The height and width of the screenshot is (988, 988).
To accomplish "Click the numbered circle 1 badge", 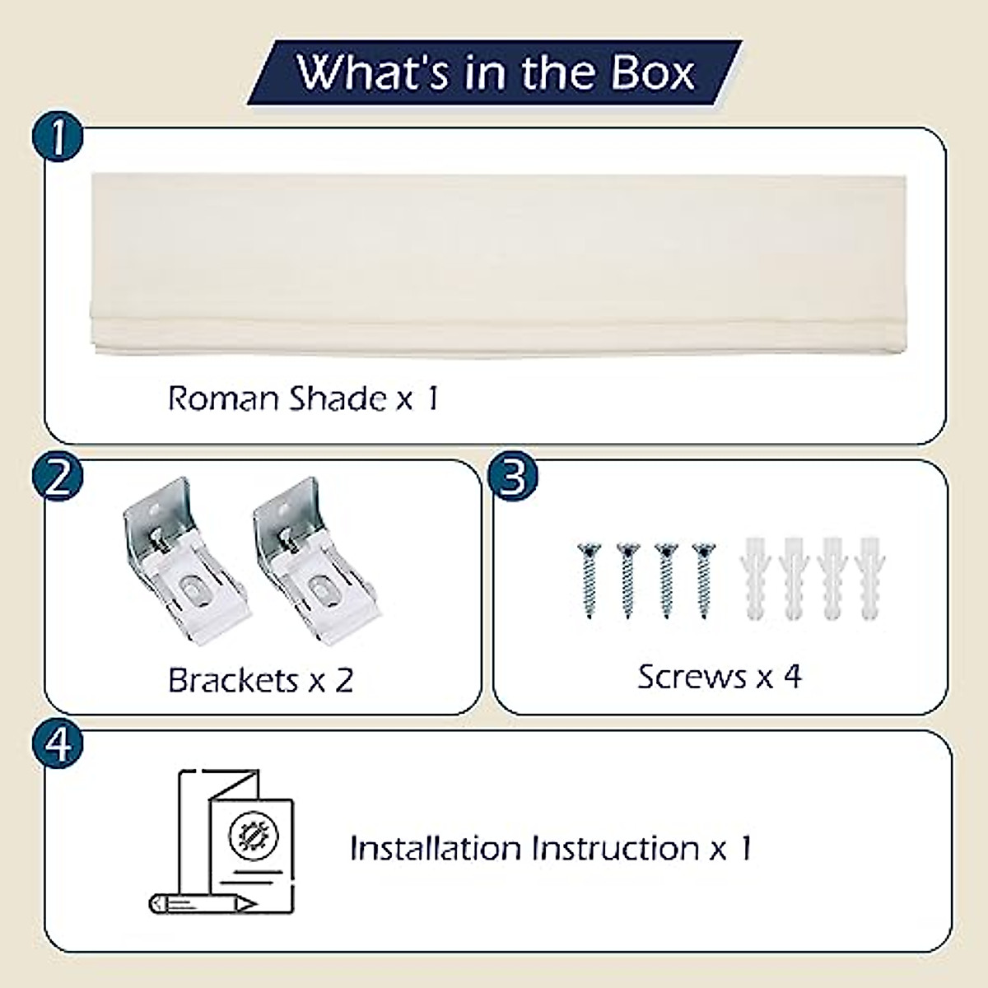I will tap(58, 137).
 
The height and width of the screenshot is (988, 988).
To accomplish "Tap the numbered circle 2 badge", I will tap(58, 477).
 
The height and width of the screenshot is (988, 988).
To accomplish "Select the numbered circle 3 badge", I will tap(513, 477).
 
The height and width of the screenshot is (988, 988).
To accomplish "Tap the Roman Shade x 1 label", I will tap(303, 398).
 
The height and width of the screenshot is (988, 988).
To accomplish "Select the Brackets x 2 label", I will tap(260, 680).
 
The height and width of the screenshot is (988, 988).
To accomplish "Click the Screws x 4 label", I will tap(719, 677).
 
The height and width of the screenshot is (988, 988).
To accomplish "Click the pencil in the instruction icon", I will tap(203, 903).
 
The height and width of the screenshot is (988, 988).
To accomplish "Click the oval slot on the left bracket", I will tap(186, 590).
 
